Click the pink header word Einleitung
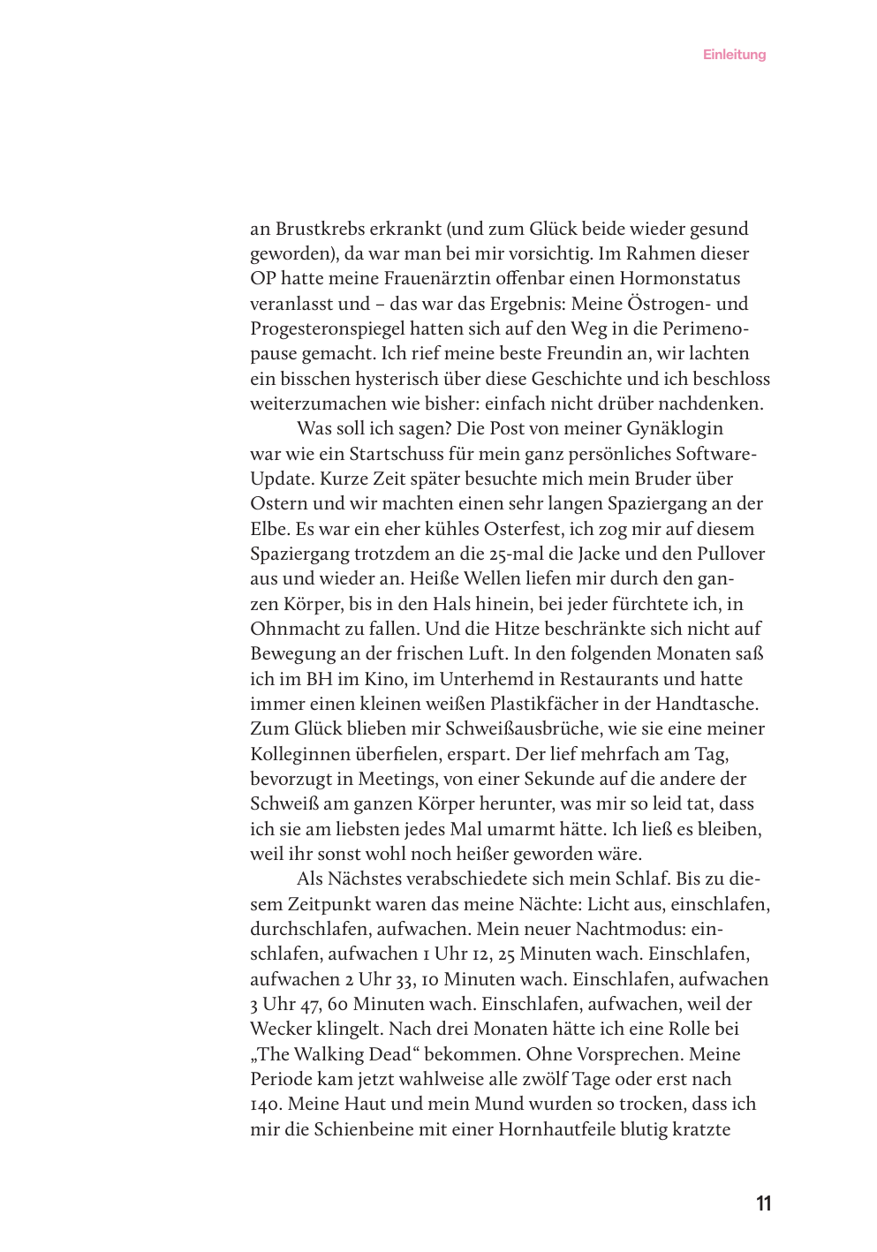734,55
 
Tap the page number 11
764,1203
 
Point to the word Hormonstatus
679,279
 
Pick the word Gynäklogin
675,429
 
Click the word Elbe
269,530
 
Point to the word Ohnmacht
291,630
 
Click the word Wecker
281,1030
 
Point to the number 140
266,1105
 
